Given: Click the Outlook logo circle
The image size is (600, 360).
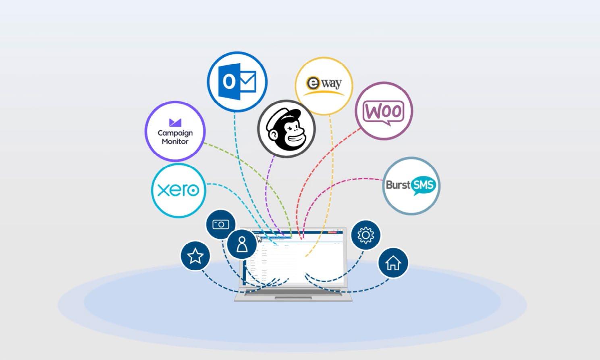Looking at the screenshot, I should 237,82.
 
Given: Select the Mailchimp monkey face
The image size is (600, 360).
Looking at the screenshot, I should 287,129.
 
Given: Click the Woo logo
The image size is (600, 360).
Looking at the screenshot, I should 384,111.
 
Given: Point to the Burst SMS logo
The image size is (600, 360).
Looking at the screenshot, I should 411,186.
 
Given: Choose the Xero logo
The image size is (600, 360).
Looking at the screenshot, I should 179,190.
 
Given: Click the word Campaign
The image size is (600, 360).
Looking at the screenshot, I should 175,133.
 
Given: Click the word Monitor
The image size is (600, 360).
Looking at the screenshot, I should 175,142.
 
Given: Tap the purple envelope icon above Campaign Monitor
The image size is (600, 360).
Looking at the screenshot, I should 175,123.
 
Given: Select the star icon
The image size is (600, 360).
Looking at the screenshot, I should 195,256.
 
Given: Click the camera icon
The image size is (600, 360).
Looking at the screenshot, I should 221,224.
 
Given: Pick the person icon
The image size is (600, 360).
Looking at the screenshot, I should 242,244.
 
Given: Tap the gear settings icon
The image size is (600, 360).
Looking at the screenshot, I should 365,235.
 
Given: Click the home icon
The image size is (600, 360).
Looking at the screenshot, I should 393,263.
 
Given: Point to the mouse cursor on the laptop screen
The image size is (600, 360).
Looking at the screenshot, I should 259,238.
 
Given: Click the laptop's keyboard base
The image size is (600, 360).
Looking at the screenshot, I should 293,295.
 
